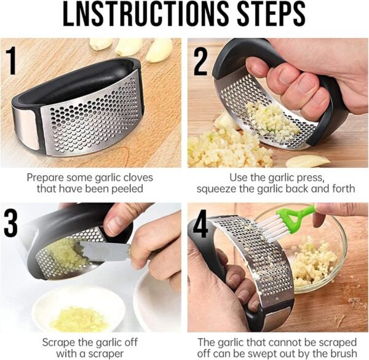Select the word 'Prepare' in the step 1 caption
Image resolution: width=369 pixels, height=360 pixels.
[x=47, y=177]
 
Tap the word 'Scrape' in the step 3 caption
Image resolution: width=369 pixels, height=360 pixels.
[x=58, y=340]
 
